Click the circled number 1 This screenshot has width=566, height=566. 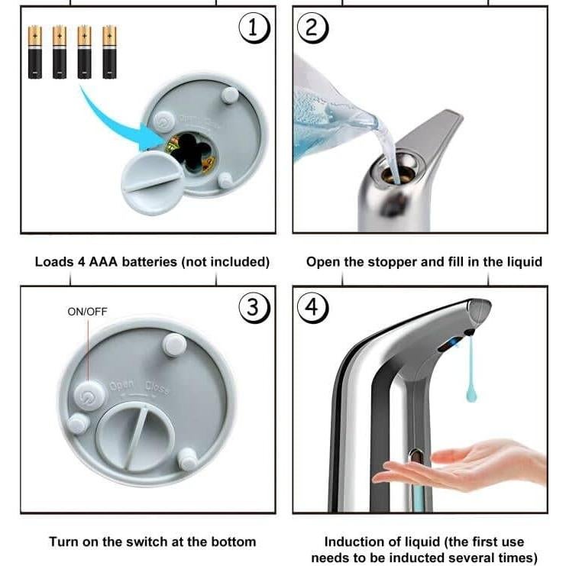(254, 28)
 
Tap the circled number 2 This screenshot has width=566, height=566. (312, 28)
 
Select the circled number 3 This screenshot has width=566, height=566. (254, 308)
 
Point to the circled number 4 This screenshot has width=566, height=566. (312, 308)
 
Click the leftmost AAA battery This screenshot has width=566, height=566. (35, 52)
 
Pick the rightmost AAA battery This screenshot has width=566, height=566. (109, 52)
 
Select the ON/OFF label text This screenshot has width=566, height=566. (87, 312)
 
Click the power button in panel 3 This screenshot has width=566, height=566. (89, 396)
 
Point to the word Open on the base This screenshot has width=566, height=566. (121, 385)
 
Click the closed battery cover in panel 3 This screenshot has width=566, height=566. (136, 438)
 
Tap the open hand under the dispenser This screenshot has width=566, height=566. (458, 466)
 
